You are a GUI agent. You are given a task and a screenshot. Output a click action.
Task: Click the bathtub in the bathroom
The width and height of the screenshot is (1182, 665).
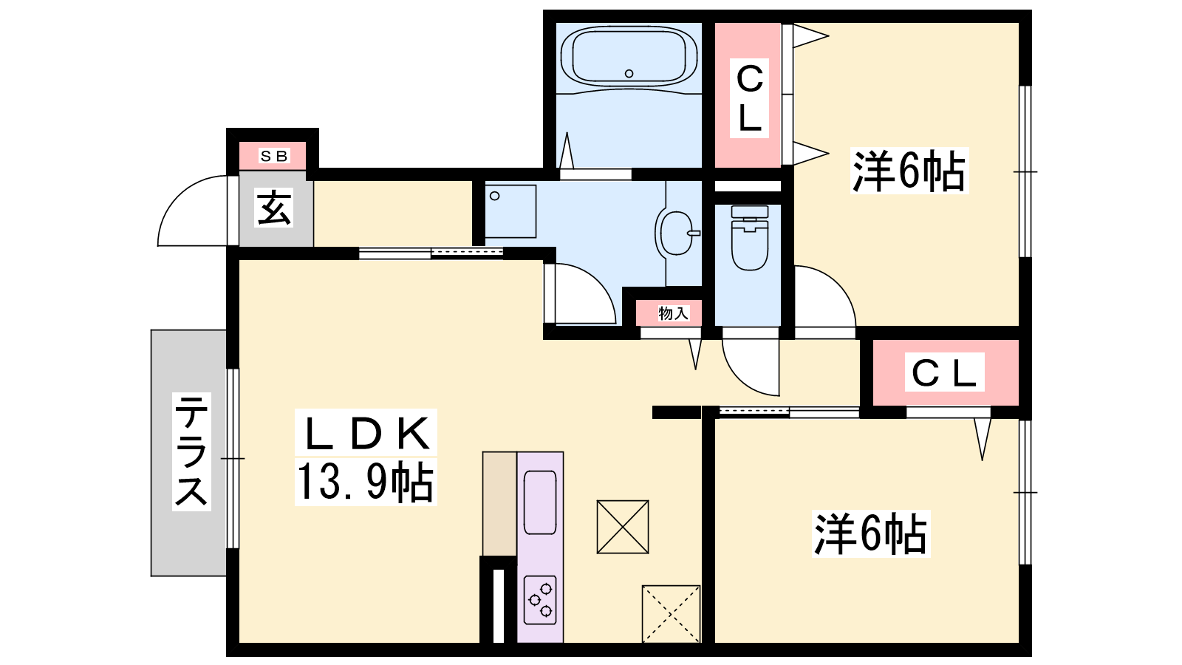(x=629, y=56)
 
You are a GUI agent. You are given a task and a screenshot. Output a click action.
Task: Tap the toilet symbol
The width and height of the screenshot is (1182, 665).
(x=749, y=238)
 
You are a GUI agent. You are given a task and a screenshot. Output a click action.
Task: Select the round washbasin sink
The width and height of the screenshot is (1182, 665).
(x=677, y=233)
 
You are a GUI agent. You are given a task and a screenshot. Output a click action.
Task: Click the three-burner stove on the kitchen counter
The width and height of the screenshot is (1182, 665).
(x=540, y=600)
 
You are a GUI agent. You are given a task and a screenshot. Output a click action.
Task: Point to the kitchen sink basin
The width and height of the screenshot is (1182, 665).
(x=540, y=502)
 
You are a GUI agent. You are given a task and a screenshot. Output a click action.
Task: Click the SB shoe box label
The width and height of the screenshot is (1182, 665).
(x=274, y=156)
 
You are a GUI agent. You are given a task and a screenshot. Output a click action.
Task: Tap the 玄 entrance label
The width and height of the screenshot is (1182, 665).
(x=273, y=208)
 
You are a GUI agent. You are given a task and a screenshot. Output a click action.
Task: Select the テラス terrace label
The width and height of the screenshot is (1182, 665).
(x=191, y=451)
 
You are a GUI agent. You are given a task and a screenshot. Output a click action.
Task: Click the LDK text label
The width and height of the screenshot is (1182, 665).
(x=366, y=433)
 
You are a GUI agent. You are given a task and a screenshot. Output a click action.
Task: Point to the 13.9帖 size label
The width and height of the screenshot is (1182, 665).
(x=365, y=482)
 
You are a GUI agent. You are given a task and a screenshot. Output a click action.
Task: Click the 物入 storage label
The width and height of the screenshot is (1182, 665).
(x=673, y=313)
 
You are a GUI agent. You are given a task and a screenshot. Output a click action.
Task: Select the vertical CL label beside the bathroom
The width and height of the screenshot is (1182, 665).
(x=749, y=99)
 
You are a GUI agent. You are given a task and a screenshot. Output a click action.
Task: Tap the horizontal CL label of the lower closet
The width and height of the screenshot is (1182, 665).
(x=944, y=372)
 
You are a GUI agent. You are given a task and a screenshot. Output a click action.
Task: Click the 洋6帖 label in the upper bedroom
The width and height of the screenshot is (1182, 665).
(x=909, y=171)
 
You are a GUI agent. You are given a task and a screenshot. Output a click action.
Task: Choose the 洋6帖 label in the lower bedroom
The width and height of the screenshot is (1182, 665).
(x=871, y=533)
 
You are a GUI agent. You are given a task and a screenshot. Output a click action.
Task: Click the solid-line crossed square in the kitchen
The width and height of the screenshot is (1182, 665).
(x=623, y=527)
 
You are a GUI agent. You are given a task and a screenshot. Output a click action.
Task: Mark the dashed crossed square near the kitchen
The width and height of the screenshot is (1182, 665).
(x=671, y=613)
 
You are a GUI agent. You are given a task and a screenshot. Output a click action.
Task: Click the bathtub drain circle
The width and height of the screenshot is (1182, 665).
(x=629, y=73)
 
